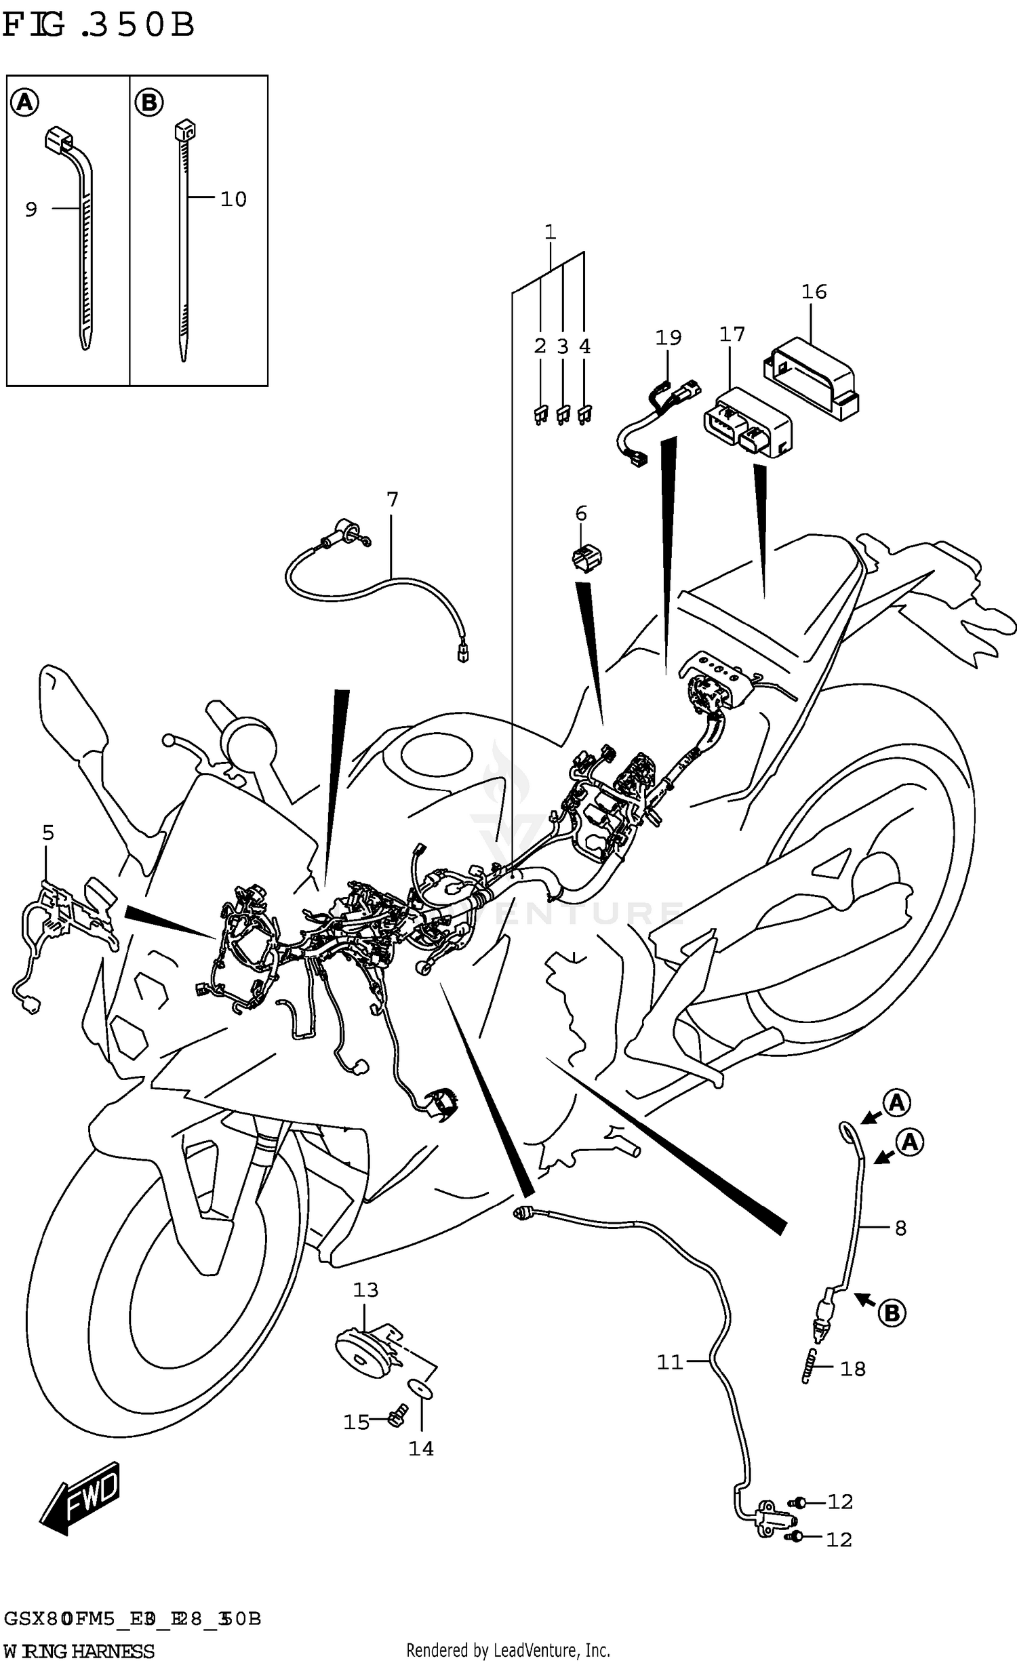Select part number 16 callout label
814,292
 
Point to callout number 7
392,500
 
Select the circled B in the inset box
149,103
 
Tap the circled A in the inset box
24,103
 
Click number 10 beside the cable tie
233,199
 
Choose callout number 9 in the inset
31,210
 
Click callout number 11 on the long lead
669,1361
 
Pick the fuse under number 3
562,415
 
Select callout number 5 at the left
47,833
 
